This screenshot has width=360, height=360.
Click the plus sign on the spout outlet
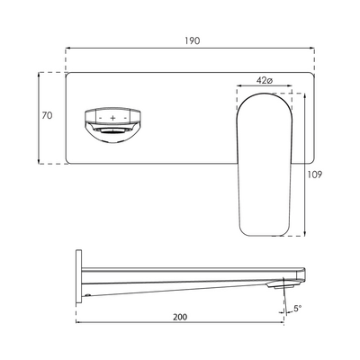[112, 118]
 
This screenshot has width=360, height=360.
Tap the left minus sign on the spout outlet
[99, 118]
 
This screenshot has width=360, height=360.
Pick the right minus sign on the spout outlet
[125, 118]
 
